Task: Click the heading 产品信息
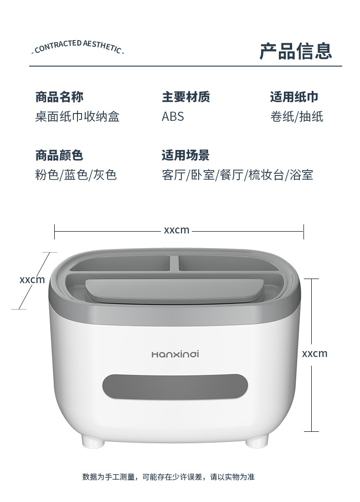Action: tap(296, 51)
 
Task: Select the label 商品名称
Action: tap(59, 97)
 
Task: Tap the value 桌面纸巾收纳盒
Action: tap(77, 117)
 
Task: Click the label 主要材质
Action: tap(186, 97)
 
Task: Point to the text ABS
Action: tap(173, 117)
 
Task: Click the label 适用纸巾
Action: tap(294, 97)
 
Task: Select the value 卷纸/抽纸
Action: tap(297, 117)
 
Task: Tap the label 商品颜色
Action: tap(59, 155)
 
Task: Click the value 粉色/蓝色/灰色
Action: tap(76, 175)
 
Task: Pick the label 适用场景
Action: tap(185, 155)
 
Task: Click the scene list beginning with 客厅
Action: tap(237, 175)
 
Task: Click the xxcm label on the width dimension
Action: tap(176, 230)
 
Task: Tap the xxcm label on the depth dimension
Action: tap(32, 279)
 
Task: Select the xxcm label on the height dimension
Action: tap(314, 353)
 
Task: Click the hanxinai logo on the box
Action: tap(175, 353)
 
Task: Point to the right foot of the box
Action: tap(256, 441)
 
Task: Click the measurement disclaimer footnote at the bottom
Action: tap(169, 477)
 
